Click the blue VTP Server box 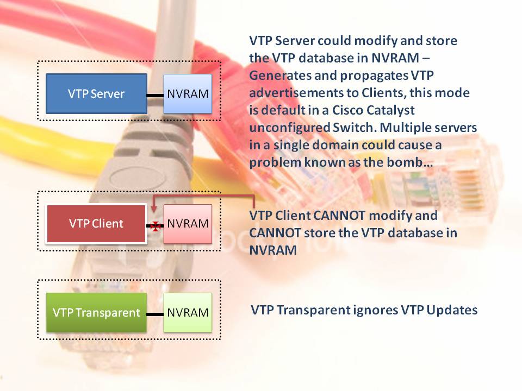[96, 94]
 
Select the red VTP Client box [96, 224]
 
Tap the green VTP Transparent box [96, 313]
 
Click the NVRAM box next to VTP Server [188, 94]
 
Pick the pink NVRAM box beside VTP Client [188, 224]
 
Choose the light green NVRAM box [188, 313]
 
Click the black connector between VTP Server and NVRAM [155, 96]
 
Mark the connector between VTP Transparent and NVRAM [155, 314]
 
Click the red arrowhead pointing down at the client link [153, 209]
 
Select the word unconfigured [289, 128]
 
